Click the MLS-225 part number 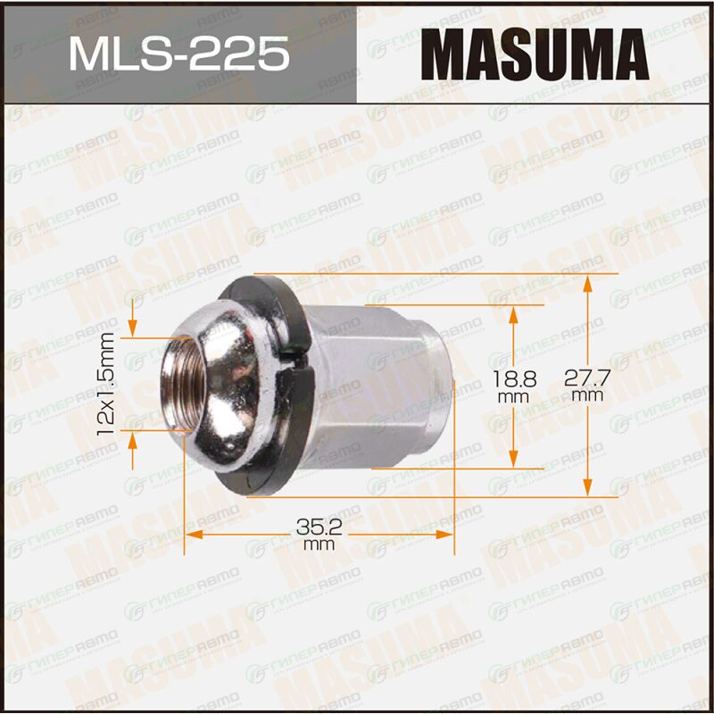178,54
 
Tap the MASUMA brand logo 535,54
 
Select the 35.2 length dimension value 319,527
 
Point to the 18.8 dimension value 515,378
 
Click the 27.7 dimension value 587,378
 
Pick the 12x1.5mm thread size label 105,384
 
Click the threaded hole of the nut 182,385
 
